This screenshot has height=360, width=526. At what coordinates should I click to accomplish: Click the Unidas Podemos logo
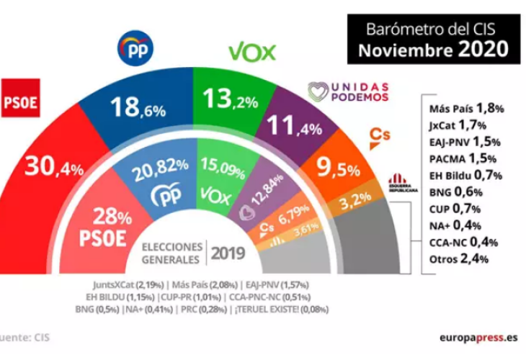point(349,91)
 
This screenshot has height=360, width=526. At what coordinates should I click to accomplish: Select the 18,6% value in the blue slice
point(138,109)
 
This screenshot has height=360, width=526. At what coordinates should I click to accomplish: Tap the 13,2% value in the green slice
point(231,100)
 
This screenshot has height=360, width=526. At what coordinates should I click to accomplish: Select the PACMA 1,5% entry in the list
point(465,158)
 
